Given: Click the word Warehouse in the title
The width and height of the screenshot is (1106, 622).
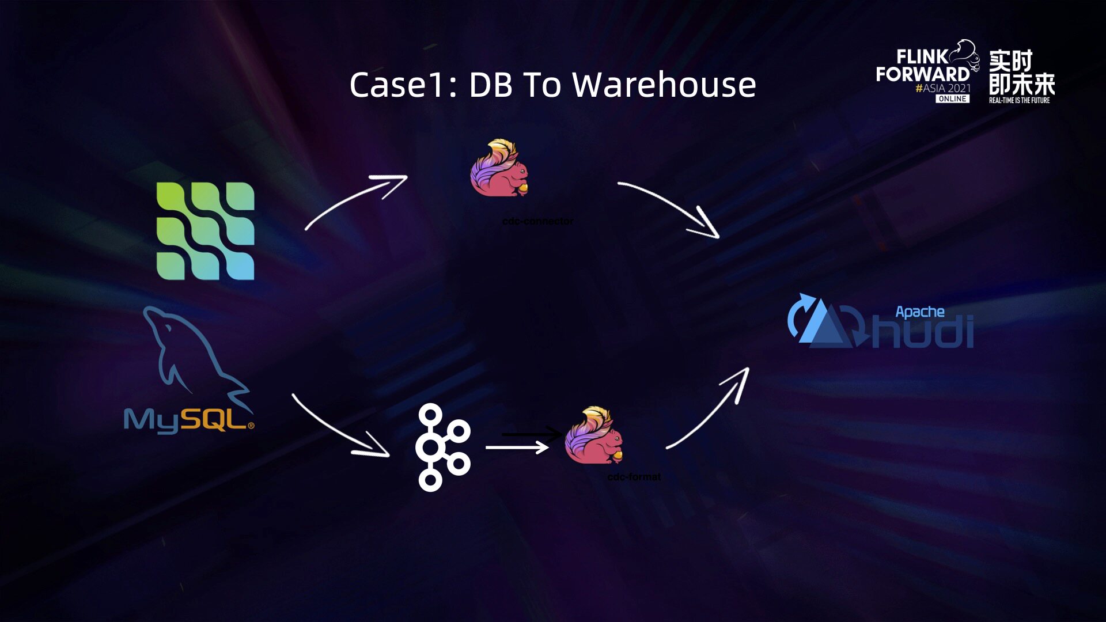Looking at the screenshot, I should pos(664,85).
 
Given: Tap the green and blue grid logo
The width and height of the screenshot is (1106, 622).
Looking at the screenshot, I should pos(205,231).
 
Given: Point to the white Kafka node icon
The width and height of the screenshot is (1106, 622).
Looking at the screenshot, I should pos(442,447).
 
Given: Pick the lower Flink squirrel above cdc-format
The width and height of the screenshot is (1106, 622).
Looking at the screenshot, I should pos(594,435).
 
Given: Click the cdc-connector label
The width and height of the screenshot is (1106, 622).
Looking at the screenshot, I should pos(537,221).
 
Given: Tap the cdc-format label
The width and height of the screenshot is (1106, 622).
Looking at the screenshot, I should pos(634,477).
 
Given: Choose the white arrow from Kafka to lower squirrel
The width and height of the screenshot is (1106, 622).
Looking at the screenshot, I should pos(517,447).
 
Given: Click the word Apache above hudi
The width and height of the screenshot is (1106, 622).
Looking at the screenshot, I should pos(919,312).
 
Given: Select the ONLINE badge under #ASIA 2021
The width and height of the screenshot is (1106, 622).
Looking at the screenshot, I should pos(952,98).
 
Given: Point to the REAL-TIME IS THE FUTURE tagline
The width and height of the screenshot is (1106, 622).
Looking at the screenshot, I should pos(1019,100).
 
